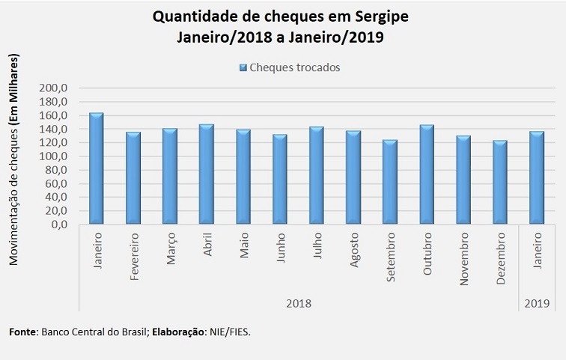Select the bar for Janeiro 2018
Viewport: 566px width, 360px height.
(x=97, y=169)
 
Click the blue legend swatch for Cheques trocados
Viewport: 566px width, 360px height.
(x=243, y=67)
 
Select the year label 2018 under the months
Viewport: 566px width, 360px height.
(x=299, y=304)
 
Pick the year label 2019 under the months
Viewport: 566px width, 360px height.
(x=537, y=304)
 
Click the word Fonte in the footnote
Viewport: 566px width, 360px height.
(x=22, y=330)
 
